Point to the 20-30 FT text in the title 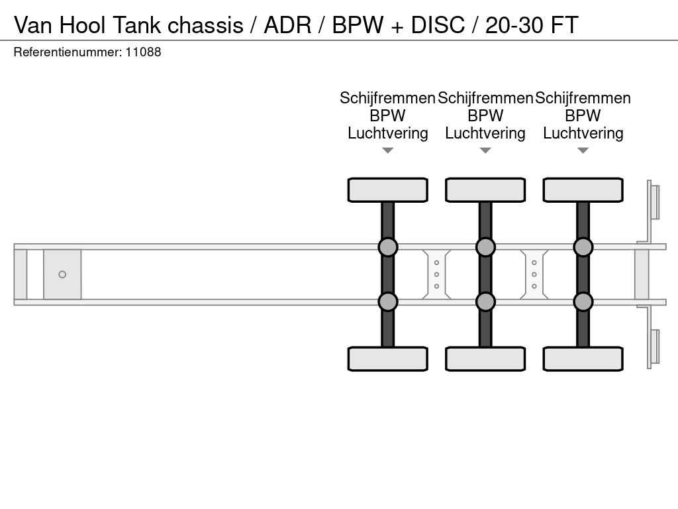pos(532,25)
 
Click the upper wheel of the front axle pos(387,190)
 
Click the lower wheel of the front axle pos(387,359)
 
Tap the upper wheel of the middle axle pos(485,190)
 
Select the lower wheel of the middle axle pos(485,359)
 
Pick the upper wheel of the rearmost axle pos(583,190)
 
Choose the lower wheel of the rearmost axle pos(583,359)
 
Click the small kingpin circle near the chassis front pos(62,274)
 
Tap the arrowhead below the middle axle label pos(485,150)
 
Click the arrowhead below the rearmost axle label pos(583,150)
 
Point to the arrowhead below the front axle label pos(388,150)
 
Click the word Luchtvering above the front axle pos(388,133)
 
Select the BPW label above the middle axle pos(485,116)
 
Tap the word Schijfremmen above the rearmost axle pos(583,98)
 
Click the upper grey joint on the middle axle pos(485,247)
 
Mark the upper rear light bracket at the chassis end pos(654,201)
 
